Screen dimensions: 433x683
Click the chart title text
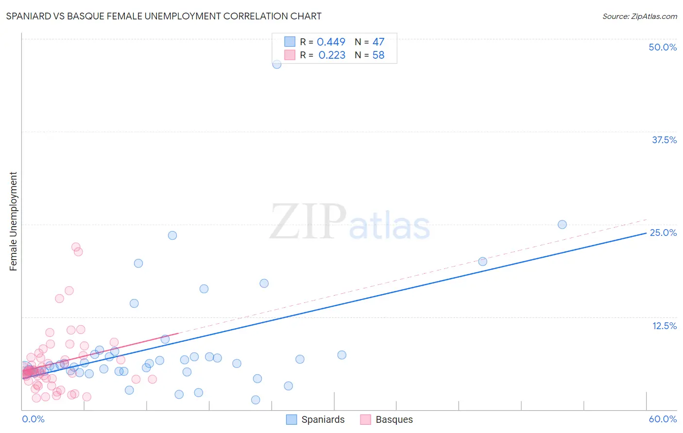[x=164, y=16]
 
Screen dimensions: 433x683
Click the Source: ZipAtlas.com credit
[x=639, y=16]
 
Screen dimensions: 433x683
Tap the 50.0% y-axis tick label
[x=663, y=47]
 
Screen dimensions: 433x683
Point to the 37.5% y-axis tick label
[x=664, y=140]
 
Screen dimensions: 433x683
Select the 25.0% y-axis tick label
[x=663, y=233]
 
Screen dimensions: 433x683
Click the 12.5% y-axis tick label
[x=664, y=326]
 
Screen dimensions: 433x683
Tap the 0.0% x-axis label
[x=33, y=419]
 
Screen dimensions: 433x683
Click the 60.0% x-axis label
[x=663, y=419]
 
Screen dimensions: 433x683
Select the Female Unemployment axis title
[x=13, y=221]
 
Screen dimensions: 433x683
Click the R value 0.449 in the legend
[x=331, y=42]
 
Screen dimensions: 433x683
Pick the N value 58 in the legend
[x=378, y=55]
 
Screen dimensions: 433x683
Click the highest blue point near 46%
[x=277, y=64]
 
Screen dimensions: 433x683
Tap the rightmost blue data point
[x=562, y=224]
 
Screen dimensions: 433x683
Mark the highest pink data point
[x=76, y=247]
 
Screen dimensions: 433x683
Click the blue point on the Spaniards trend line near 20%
[x=482, y=262]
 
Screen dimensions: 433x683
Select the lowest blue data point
[x=256, y=400]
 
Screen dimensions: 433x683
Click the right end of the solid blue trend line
[x=646, y=233]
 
